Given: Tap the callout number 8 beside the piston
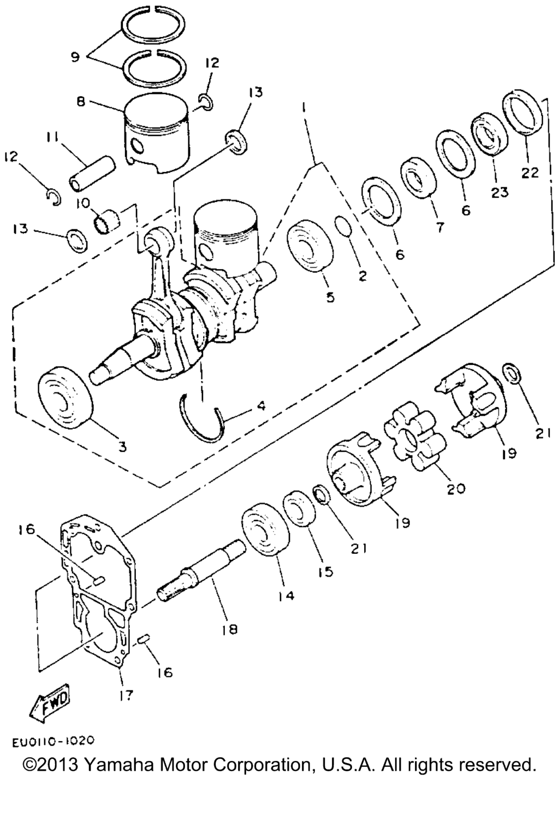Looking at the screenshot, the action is (81, 102).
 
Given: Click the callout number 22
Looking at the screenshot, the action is (530, 172).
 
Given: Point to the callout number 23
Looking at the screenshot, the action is (500, 192).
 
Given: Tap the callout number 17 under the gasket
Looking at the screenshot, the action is (126, 695).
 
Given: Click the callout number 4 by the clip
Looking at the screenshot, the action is (261, 405).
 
